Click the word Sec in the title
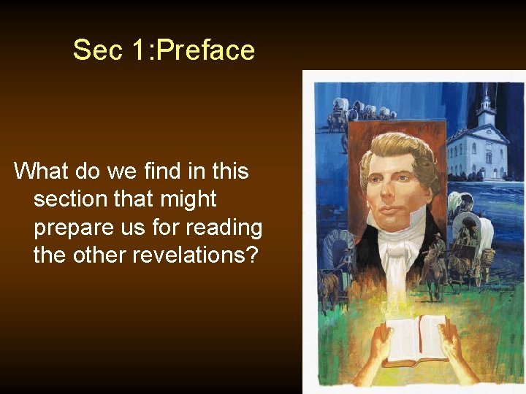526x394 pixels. click(x=92, y=50)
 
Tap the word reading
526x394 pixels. click(x=223, y=228)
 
